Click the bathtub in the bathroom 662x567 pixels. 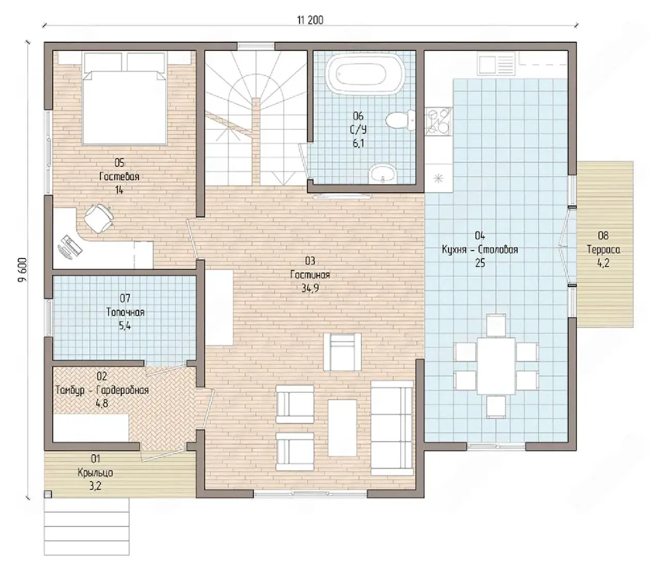(x=365, y=74)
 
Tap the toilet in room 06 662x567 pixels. (x=400, y=120)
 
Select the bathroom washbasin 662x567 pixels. (x=382, y=174)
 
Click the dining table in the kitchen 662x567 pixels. (x=496, y=366)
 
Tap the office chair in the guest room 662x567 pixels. (x=99, y=218)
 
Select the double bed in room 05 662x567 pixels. (x=124, y=98)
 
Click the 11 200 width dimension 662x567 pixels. (x=310, y=20)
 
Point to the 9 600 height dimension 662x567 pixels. (x=22, y=270)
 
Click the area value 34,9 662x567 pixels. (x=310, y=288)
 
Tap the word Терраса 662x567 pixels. (x=604, y=250)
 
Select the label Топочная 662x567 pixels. (x=125, y=313)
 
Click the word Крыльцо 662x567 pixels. (x=95, y=472)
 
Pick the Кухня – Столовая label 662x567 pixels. (x=480, y=250)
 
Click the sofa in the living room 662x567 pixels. (x=392, y=428)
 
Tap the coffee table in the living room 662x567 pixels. (x=342, y=428)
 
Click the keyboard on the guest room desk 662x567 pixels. (x=69, y=247)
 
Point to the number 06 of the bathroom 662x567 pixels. (x=358, y=116)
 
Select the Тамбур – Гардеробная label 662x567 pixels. (x=102, y=390)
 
